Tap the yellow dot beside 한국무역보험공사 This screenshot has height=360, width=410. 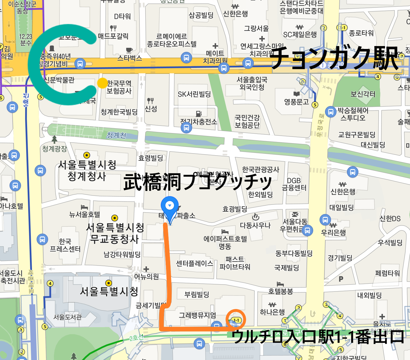pyautogui.click(x=102, y=83)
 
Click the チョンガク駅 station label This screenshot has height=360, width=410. pyautogui.click(x=334, y=58)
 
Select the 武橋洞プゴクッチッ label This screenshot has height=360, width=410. pyautogui.click(x=198, y=182)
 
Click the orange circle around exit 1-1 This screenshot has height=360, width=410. pyautogui.click(x=236, y=319)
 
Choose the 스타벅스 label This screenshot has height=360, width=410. pyautogui.click(x=130, y=58)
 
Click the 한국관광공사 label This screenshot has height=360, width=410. pyautogui.click(x=260, y=170)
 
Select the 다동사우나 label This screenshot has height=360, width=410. pyautogui.click(x=255, y=225)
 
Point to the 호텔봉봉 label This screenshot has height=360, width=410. pyautogui.click(x=281, y=291)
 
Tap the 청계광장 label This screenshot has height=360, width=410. pyautogui.click(x=54, y=149)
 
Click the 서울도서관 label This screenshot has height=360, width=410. pyautogui.click(x=67, y=317)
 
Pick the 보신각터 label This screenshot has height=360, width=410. pyautogui.click(x=363, y=94)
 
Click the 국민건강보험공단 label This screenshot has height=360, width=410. pyautogui.click(x=247, y=121)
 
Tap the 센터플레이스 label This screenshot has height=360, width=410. pyautogui.click(x=194, y=263)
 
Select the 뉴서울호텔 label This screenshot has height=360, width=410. pyautogui.click(x=84, y=214)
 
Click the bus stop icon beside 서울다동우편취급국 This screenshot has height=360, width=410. pyautogui.click(x=307, y=230)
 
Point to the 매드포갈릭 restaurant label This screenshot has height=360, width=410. pyautogui.click(x=113, y=36)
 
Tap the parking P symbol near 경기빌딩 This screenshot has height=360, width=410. pyautogui.click(x=341, y=278)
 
